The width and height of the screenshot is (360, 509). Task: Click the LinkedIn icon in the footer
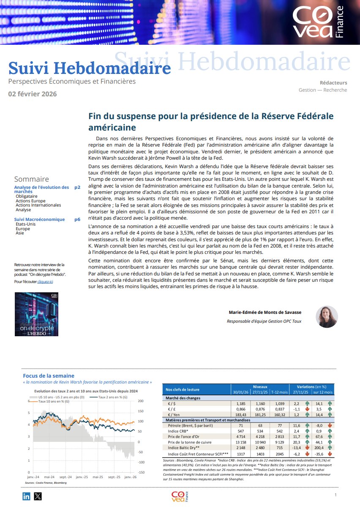click(27, 496)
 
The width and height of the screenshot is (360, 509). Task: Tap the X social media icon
click(38, 496)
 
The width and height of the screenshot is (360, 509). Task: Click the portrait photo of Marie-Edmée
click(327, 316)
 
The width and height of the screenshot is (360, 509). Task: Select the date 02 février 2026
click(33, 94)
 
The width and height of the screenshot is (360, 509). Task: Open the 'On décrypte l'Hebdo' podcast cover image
click(36, 314)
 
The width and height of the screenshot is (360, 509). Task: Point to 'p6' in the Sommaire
click(77, 219)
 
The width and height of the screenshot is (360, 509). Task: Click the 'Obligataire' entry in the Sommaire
click(27, 196)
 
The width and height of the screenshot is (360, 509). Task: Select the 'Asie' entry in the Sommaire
click(20, 233)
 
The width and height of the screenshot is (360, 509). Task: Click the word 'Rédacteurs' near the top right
click(333, 83)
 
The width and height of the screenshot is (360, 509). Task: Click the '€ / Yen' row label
click(174, 414)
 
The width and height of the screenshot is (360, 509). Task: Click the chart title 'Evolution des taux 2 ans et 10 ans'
click(86, 391)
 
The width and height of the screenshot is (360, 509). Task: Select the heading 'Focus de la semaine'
click(49, 376)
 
